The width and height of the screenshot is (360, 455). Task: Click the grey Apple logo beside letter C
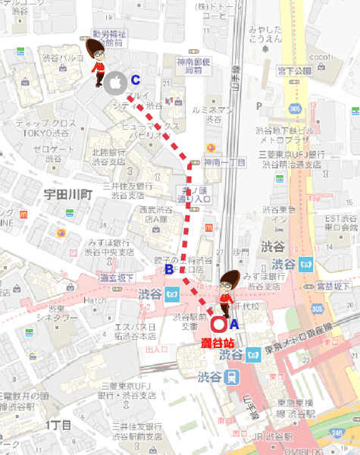click(x=116, y=82)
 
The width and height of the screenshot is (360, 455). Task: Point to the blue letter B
click(x=169, y=268)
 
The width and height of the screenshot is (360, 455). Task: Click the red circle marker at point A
click(x=220, y=325)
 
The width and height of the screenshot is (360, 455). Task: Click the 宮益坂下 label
click(x=333, y=285)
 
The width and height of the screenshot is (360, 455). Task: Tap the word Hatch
click(x=95, y=300)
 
